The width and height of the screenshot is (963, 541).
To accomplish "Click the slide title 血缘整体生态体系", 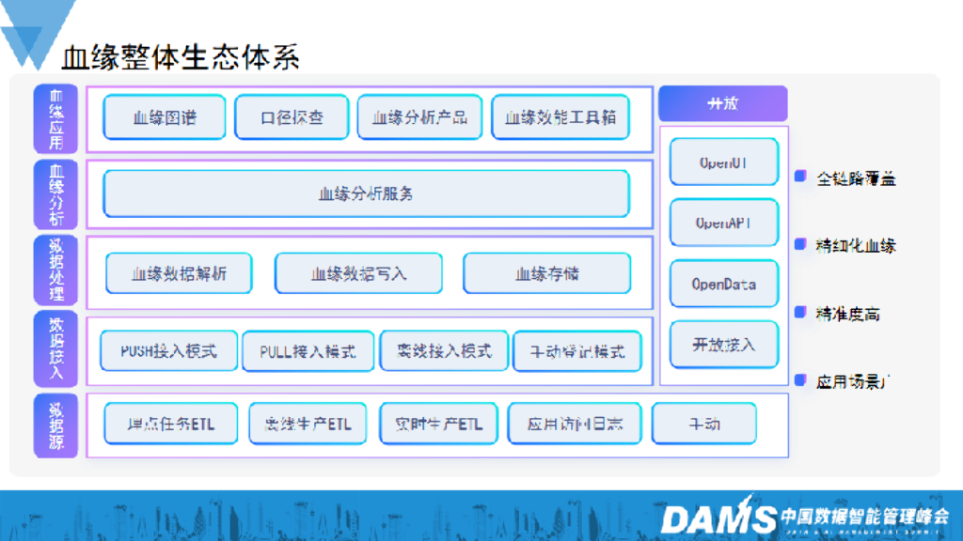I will (x=181, y=57).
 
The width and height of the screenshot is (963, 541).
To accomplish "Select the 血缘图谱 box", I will (x=165, y=117).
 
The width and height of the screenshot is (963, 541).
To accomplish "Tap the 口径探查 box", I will (x=292, y=117).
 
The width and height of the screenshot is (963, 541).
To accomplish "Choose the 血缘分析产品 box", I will (x=419, y=117).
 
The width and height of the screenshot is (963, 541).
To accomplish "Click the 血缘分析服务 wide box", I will (x=366, y=194).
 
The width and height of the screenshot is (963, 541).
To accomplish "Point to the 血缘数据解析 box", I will (x=179, y=273).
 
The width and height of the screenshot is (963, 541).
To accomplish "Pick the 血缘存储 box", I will (x=547, y=273).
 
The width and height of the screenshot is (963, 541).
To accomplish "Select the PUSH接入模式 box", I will (x=168, y=350).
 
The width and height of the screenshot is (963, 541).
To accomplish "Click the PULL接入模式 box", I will (x=308, y=351).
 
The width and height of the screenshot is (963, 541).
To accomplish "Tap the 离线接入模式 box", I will (x=444, y=350).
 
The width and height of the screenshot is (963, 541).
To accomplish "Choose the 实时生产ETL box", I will (x=438, y=424).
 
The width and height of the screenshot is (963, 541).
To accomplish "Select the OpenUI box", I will (x=723, y=162).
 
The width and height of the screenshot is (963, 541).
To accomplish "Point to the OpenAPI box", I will (x=723, y=224).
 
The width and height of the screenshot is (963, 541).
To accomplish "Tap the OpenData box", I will (x=723, y=284).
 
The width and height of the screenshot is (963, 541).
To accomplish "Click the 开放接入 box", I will (x=723, y=345).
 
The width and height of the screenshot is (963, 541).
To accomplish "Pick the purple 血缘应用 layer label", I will (x=55, y=118).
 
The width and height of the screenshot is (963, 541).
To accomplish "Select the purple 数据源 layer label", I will (x=55, y=425).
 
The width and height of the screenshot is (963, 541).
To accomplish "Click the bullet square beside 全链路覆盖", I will (x=800, y=176).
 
